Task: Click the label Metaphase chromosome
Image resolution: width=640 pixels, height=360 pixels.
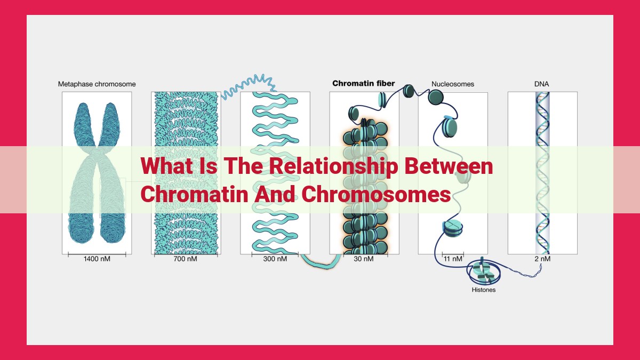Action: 97,84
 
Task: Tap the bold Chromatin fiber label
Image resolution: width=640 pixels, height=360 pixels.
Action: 363,83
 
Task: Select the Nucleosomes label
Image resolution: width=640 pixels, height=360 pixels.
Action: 453,84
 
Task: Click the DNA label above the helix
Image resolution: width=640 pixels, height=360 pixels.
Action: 541,84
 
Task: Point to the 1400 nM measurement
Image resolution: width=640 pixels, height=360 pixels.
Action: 97,259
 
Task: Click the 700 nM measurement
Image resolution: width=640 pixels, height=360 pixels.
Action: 185,259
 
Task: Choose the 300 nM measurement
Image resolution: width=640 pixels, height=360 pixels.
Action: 275,259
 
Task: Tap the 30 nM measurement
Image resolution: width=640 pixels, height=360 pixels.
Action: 363,259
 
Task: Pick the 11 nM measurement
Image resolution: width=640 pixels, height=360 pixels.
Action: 453,259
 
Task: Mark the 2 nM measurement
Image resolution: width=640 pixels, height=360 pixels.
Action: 542,259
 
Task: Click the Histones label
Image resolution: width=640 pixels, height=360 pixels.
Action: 483,290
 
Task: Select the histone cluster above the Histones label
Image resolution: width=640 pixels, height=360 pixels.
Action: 483,271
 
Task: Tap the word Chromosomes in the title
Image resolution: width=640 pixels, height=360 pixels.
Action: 376,194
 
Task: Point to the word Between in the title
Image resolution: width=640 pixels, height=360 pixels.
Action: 449,166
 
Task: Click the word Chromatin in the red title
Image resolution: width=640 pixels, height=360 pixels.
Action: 194,194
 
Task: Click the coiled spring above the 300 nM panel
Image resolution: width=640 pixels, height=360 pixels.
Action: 248,87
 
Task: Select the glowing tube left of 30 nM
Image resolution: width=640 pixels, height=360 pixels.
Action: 321,261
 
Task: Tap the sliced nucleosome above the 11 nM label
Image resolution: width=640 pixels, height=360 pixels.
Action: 453,229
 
